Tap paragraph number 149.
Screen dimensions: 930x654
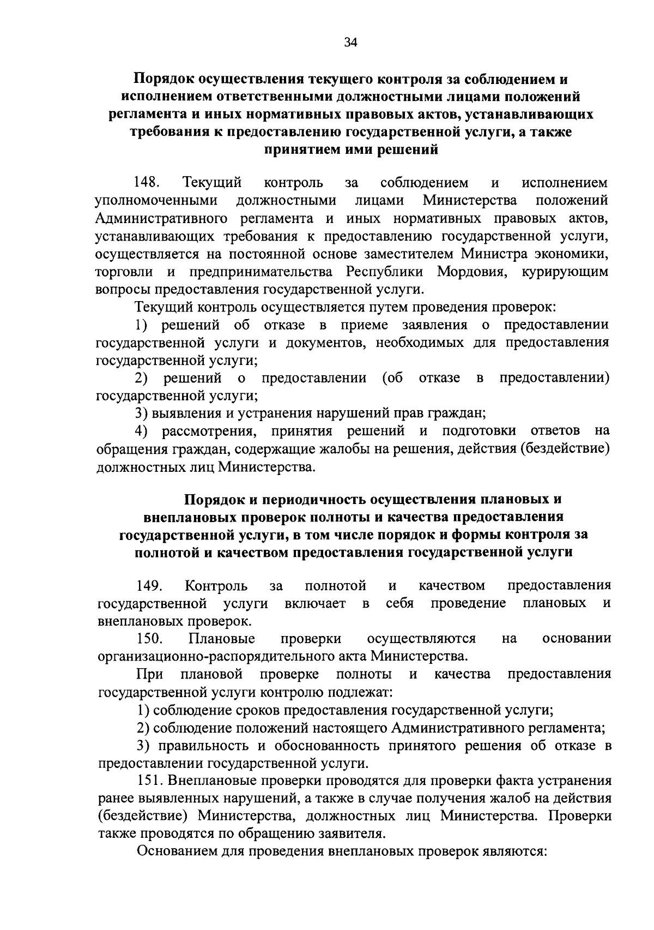[x=149, y=586]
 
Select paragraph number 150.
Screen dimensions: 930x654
[x=149, y=638]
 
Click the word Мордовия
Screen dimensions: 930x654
[x=473, y=272]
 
